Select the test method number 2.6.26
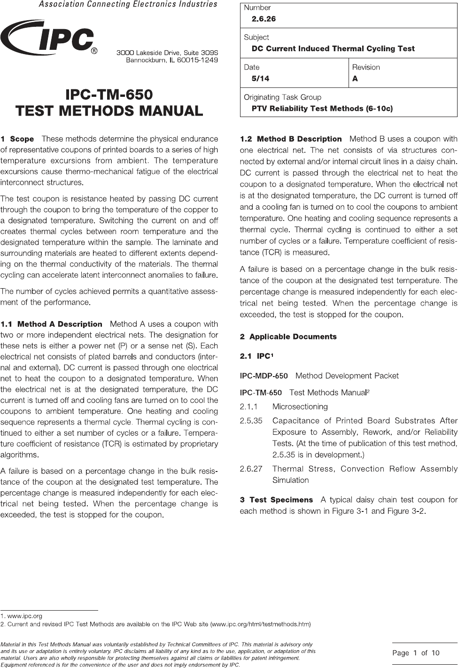pos(264,19)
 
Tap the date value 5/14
pos(260,79)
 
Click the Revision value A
pos(355,79)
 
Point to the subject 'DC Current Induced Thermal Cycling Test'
pos(333,48)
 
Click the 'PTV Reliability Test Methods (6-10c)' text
pos(322,109)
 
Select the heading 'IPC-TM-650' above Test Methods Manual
pos(109,94)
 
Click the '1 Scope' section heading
pos(17,139)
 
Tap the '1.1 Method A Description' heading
pos(51,324)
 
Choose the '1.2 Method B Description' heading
pos(291,139)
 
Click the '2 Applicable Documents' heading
pos(288,337)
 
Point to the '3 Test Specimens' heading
pos(276,500)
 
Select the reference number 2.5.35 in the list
pos(251,421)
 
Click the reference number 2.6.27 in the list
pos(251,469)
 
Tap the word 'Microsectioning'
pos(300,407)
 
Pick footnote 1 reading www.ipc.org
pos(22,616)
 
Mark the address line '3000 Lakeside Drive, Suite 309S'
pos(167,52)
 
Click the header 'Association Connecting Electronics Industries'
pos(128,4)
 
